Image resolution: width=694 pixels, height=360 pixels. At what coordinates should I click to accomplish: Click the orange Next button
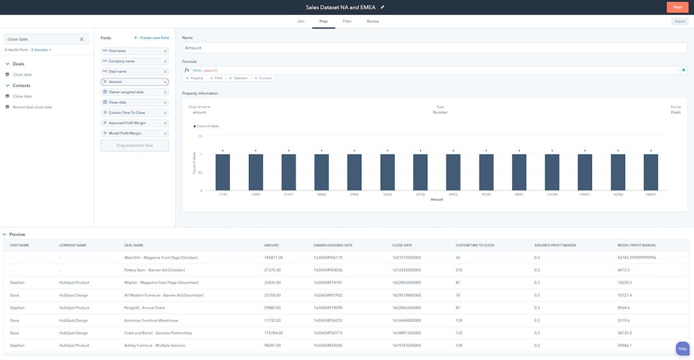point(677,7)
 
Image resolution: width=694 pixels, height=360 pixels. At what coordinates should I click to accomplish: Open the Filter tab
point(347,21)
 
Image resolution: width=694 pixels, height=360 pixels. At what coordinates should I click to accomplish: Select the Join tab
point(301,21)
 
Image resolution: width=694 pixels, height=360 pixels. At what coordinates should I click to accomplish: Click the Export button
point(680,21)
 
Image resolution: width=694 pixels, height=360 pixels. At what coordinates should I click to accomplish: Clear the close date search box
point(81,40)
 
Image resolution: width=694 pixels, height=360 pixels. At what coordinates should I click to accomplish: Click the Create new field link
point(151,38)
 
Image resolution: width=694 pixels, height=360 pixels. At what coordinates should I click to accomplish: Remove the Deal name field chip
point(165,71)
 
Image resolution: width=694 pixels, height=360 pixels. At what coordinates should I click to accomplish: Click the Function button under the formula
point(263,78)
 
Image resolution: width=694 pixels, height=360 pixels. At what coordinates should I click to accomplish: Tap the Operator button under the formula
point(238,78)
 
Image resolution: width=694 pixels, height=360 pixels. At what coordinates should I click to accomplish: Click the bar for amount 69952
point(453,172)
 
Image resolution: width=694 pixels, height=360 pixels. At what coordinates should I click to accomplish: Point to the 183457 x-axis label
point(650,194)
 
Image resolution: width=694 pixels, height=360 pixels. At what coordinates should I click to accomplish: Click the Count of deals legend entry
point(207,126)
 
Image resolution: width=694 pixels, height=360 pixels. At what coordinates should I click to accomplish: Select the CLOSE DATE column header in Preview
point(402,245)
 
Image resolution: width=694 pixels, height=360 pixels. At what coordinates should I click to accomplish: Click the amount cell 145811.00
point(272,257)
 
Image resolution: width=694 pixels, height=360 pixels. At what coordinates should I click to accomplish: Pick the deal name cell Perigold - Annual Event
point(144,308)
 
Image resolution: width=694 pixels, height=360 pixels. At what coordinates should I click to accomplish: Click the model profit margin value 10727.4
point(624,295)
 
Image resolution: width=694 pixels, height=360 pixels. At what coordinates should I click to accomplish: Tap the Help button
point(682,348)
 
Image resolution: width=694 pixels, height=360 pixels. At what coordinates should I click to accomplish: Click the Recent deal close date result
point(32,107)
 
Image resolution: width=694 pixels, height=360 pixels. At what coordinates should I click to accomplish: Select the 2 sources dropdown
point(41,50)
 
